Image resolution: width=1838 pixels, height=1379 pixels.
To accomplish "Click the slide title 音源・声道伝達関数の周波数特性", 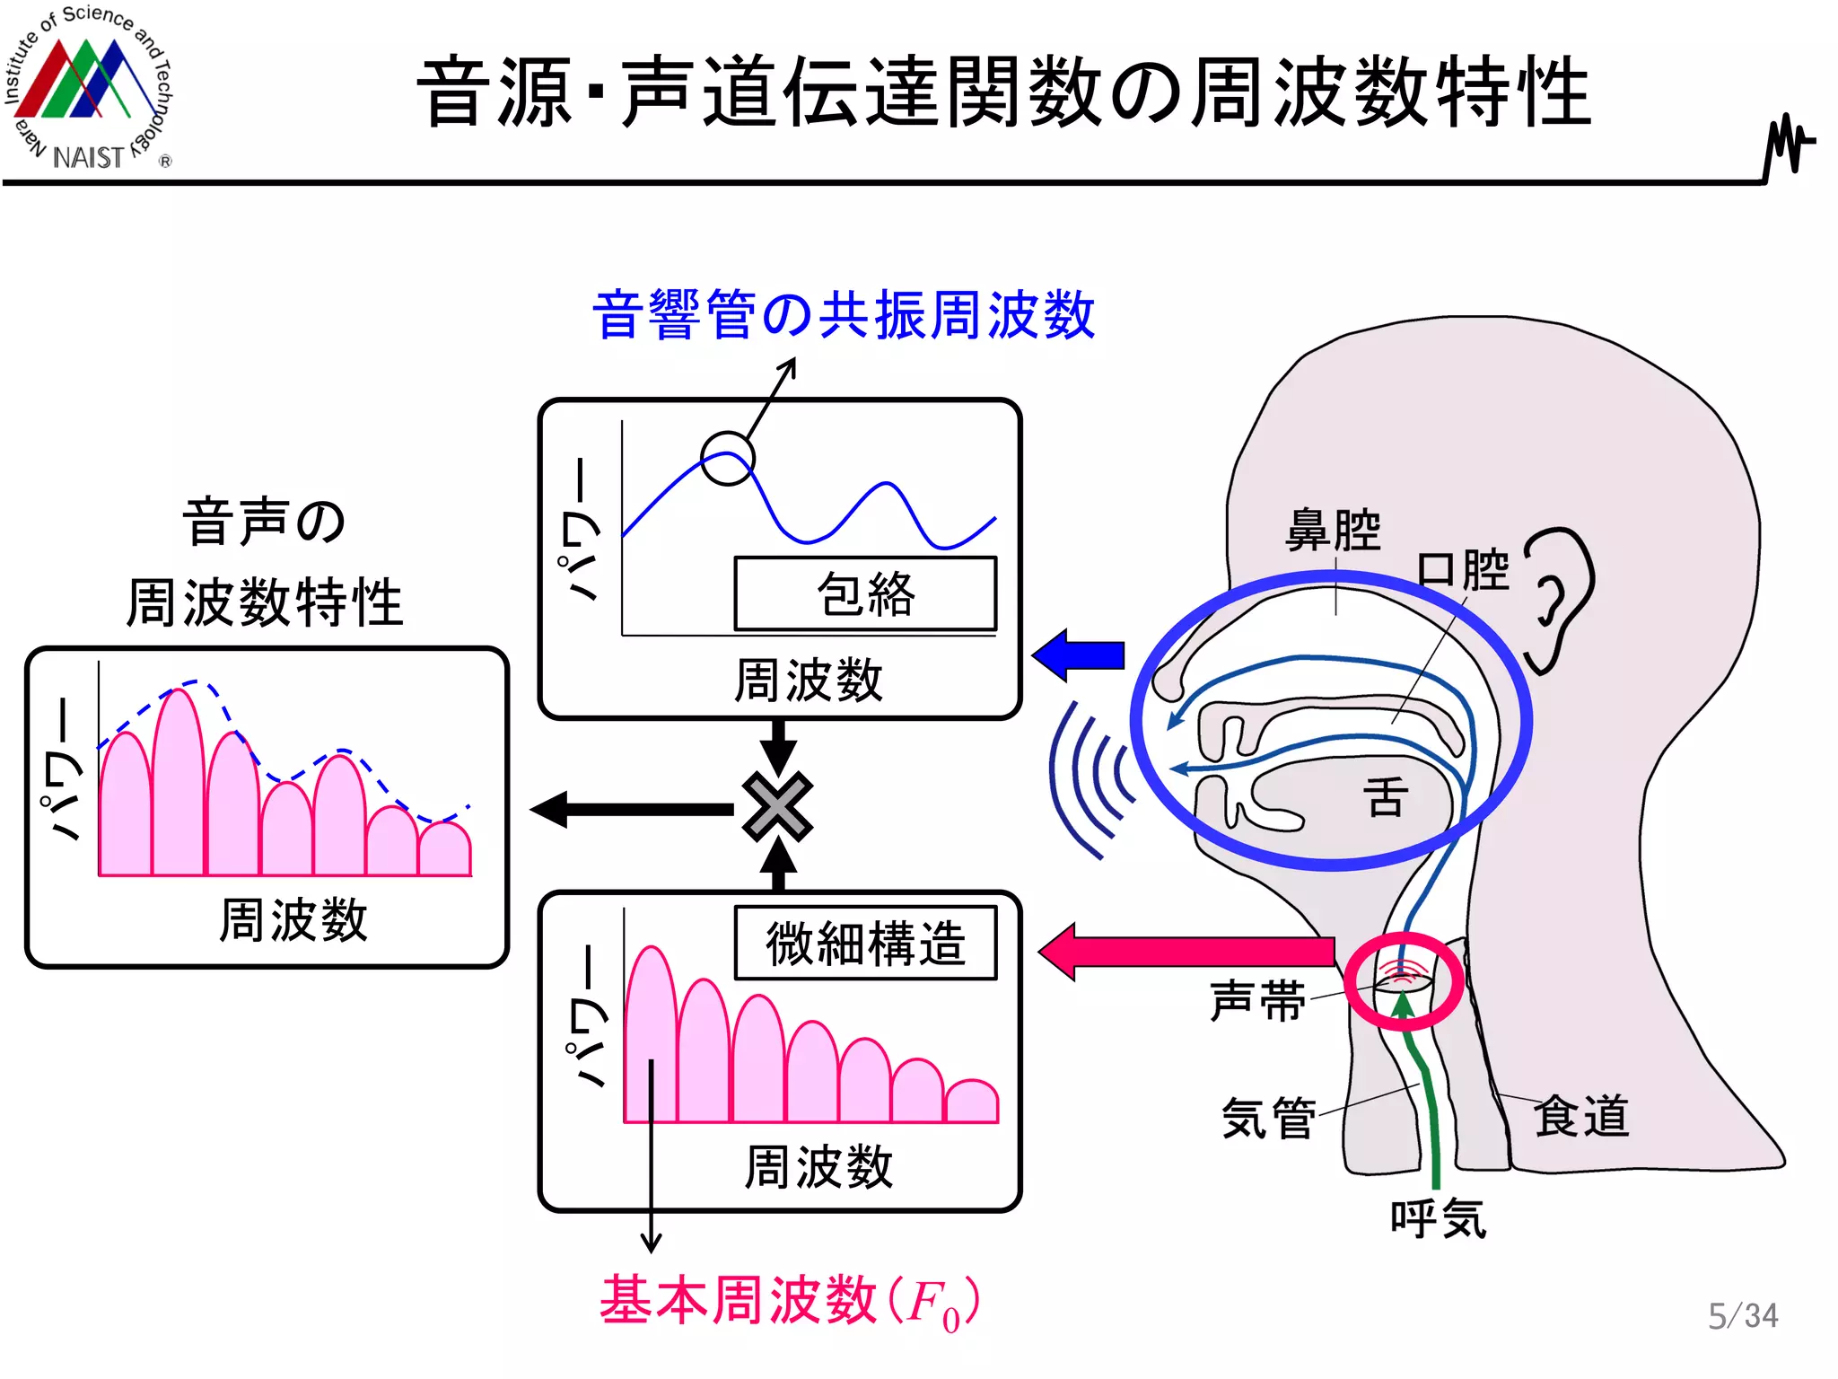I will click(x=1003, y=92).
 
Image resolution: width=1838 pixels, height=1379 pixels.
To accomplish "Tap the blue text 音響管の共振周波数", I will click(x=844, y=315).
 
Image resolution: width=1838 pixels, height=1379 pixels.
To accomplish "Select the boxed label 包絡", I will click(x=865, y=594).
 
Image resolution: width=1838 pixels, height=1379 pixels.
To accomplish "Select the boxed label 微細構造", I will click(x=865, y=944).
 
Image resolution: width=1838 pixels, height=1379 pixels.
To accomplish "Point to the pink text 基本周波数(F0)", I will click(x=790, y=1301).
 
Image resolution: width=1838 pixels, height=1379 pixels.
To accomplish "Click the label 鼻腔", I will click(x=1333, y=531).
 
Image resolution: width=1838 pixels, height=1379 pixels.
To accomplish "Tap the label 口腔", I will click(x=1463, y=570).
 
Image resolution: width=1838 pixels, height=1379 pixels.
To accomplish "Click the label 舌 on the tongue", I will click(x=1385, y=797).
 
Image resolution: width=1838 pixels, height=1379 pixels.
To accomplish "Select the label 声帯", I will click(x=1257, y=1001).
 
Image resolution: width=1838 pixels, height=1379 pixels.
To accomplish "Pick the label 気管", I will click(x=1268, y=1119).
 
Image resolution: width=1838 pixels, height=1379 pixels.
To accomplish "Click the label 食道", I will click(x=1581, y=1117).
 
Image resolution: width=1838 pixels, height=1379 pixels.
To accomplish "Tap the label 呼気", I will click(x=1438, y=1219).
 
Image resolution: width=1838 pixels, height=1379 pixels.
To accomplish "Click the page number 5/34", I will click(x=1742, y=1316).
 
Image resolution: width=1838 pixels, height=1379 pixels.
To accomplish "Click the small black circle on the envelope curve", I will click(x=727, y=458).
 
